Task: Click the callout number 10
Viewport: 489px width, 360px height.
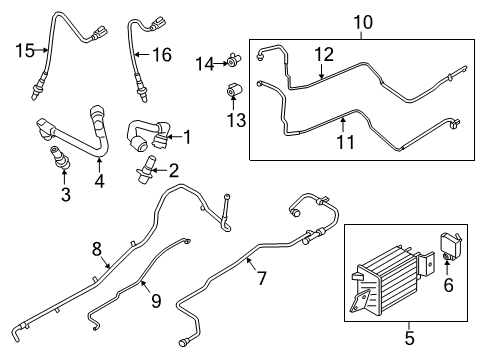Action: tap(361, 21)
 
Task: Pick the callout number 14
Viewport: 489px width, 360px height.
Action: tap(205, 64)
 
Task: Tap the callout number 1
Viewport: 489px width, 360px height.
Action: tap(185, 136)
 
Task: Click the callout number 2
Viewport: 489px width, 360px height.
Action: tap(173, 170)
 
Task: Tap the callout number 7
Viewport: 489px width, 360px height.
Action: tap(262, 277)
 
